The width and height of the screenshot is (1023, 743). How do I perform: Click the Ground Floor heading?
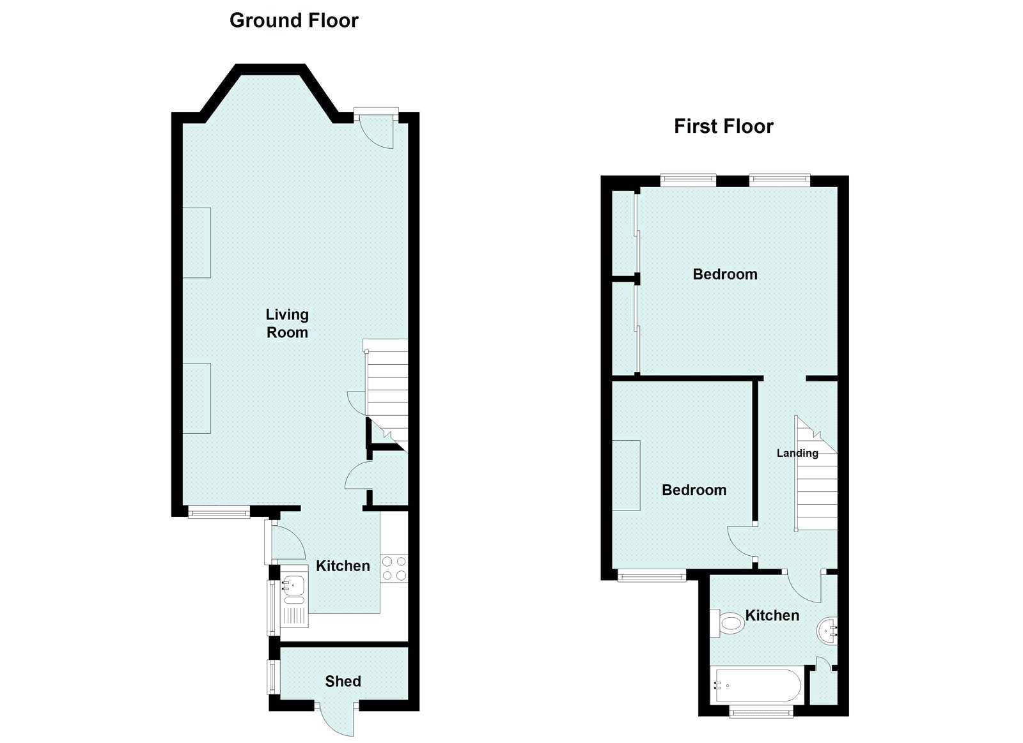point(293,20)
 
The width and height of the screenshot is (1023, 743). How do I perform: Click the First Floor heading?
point(723,126)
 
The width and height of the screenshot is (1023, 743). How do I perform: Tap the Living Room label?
point(287,323)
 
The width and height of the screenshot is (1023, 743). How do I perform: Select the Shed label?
point(343,681)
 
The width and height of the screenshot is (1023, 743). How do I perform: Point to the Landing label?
point(797,453)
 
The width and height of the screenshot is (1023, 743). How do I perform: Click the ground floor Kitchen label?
point(343,565)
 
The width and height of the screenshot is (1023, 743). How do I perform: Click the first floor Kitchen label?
point(772,615)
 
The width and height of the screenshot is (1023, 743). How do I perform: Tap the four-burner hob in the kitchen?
point(394,568)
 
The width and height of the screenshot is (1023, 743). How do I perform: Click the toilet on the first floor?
point(728,623)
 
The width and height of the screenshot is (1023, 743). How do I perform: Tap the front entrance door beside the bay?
point(377,128)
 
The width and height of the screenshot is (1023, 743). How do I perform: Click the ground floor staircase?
point(386,396)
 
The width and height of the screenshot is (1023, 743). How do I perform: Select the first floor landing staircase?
point(815,476)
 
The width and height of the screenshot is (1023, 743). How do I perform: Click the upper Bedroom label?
point(724,274)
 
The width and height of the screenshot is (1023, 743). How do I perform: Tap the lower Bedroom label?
point(694,490)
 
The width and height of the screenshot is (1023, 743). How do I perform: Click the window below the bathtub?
point(761,710)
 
